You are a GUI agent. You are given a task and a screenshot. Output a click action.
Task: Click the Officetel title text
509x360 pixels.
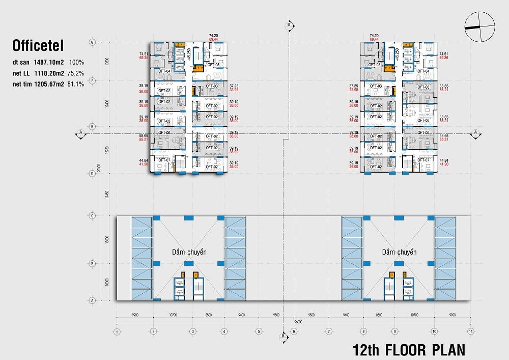(38, 47)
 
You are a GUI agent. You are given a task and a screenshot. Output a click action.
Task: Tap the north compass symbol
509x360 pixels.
(479, 27)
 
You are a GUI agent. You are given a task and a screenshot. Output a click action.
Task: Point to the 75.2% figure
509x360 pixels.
(76, 73)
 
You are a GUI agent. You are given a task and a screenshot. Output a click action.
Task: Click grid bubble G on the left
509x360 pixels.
(92, 42)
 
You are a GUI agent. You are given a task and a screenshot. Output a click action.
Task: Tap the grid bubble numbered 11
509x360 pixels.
(471, 331)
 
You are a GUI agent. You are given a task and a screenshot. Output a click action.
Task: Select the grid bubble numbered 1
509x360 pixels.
(117, 331)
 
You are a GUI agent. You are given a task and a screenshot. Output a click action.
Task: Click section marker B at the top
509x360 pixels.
(289, 24)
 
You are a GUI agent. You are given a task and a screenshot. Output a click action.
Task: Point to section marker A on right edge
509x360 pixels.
(475, 133)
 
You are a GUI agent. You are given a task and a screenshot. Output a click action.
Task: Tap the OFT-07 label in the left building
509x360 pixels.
(164, 160)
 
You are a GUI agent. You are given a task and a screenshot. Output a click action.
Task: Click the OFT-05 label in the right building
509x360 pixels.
(375, 65)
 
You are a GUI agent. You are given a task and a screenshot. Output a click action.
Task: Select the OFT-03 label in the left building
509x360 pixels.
(212, 86)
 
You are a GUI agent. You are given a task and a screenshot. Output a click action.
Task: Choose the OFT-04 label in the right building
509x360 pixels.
(423, 71)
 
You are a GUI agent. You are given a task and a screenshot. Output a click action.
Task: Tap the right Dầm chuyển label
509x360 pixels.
(399, 252)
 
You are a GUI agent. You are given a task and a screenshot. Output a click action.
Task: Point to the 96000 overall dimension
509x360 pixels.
(291, 321)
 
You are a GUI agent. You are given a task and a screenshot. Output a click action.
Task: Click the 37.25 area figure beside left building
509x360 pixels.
(234, 87)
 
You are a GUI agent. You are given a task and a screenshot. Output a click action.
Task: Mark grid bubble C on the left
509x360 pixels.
(92, 216)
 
